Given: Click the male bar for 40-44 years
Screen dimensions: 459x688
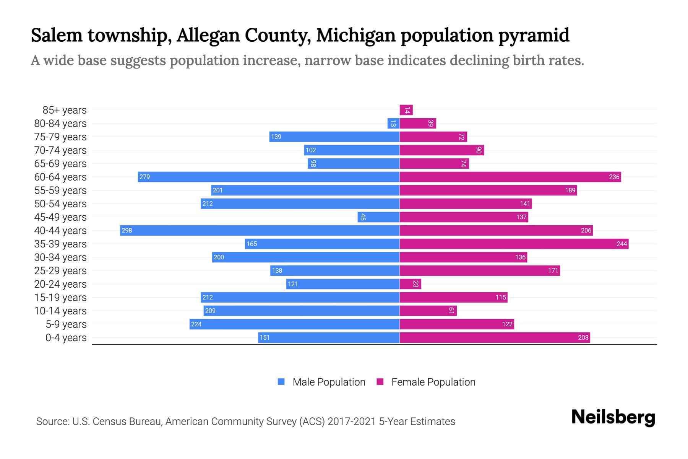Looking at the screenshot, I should click(260, 230).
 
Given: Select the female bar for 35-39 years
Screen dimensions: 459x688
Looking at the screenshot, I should click(514, 244).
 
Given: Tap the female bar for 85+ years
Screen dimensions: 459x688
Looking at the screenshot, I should click(406, 110).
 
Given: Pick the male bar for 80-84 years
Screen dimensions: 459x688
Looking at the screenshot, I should click(393, 124).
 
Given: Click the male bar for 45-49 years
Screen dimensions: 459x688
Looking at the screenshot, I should click(378, 217).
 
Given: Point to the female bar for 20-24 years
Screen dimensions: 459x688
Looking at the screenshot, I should click(410, 284).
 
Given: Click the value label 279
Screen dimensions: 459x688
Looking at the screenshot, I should click(144, 177).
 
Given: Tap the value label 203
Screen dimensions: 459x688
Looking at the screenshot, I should click(583, 337).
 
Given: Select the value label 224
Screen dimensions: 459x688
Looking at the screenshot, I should click(196, 324).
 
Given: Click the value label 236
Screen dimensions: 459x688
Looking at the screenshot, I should click(614, 177).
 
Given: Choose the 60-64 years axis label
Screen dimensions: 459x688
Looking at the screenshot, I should click(60, 177).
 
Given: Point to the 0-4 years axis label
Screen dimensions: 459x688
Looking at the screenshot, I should click(66, 338).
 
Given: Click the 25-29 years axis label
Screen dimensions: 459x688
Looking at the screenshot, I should click(60, 271).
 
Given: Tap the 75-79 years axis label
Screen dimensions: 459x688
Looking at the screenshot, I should click(60, 137).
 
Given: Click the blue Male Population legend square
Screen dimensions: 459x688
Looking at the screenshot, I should click(281, 382).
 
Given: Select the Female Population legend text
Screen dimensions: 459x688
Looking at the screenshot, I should click(433, 382).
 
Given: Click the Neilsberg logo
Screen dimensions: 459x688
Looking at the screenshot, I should click(613, 417).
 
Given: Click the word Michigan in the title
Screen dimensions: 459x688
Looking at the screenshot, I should click(356, 35).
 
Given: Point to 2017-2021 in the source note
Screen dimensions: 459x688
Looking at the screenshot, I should click(352, 422).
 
